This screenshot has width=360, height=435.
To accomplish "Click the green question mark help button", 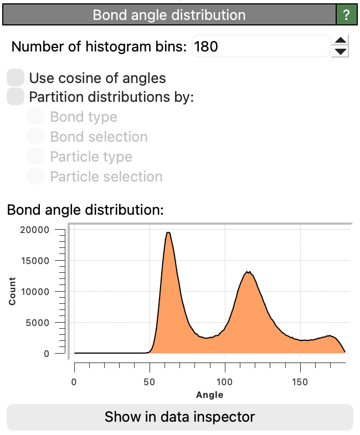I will tap(347, 15).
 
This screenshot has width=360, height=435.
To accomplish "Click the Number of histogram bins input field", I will tap(261, 46).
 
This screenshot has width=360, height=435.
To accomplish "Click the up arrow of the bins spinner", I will tap(342, 40).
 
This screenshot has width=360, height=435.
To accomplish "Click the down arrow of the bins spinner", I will tap(342, 52).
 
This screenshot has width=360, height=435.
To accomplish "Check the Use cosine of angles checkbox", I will tap(16, 78).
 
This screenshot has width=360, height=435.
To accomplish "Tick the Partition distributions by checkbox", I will tap(16, 97).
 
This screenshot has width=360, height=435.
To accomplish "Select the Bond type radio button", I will tap(36, 117).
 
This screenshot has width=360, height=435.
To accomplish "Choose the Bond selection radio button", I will tap(36, 137).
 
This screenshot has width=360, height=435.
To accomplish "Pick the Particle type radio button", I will tap(36, 157).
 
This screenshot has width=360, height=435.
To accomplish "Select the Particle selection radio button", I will tap(36, 177).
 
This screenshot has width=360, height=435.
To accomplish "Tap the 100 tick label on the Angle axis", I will tap(225, 382).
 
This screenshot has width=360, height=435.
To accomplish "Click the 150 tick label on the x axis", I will tap(300, 382).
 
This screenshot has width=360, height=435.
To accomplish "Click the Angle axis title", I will tap(209, 395).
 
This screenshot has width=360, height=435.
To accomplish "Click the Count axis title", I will tap(12, 292).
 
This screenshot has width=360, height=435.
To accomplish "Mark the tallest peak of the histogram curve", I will tap(168, 232).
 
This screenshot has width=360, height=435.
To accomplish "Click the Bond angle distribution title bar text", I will tap(169, 15).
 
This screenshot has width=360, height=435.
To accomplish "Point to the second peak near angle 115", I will tap(249, 272).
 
